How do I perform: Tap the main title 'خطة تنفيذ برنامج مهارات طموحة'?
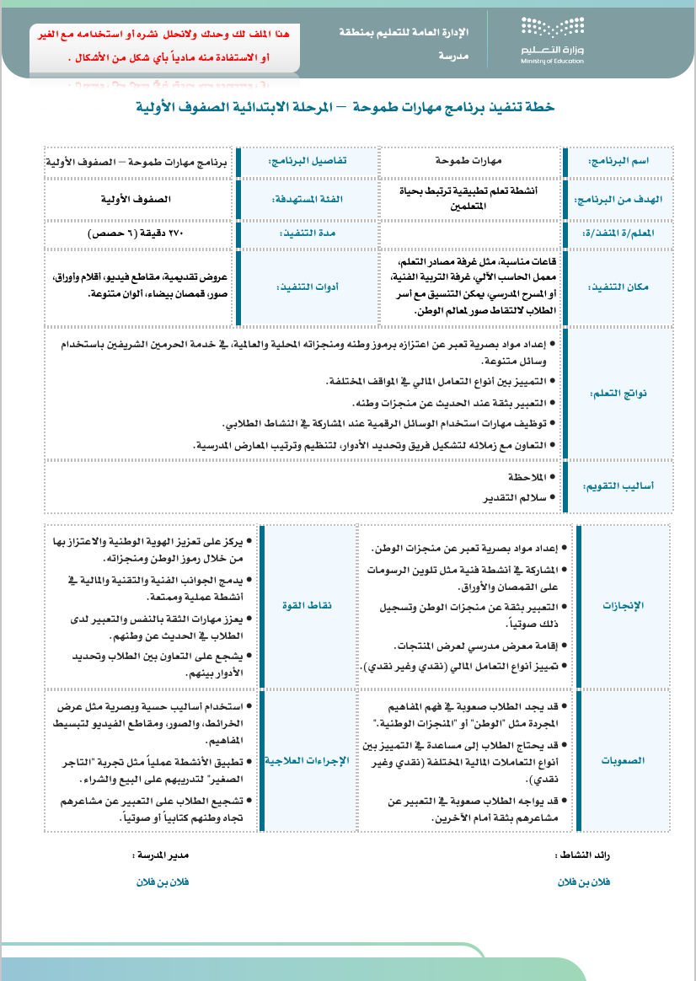click(x=345, y=107)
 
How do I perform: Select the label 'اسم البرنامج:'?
click(x=624, y=160)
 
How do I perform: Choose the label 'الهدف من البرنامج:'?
click(x=623, y=199)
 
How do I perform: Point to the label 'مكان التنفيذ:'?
click(x=624, y=287)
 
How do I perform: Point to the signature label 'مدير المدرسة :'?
click(x=161, y=855)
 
